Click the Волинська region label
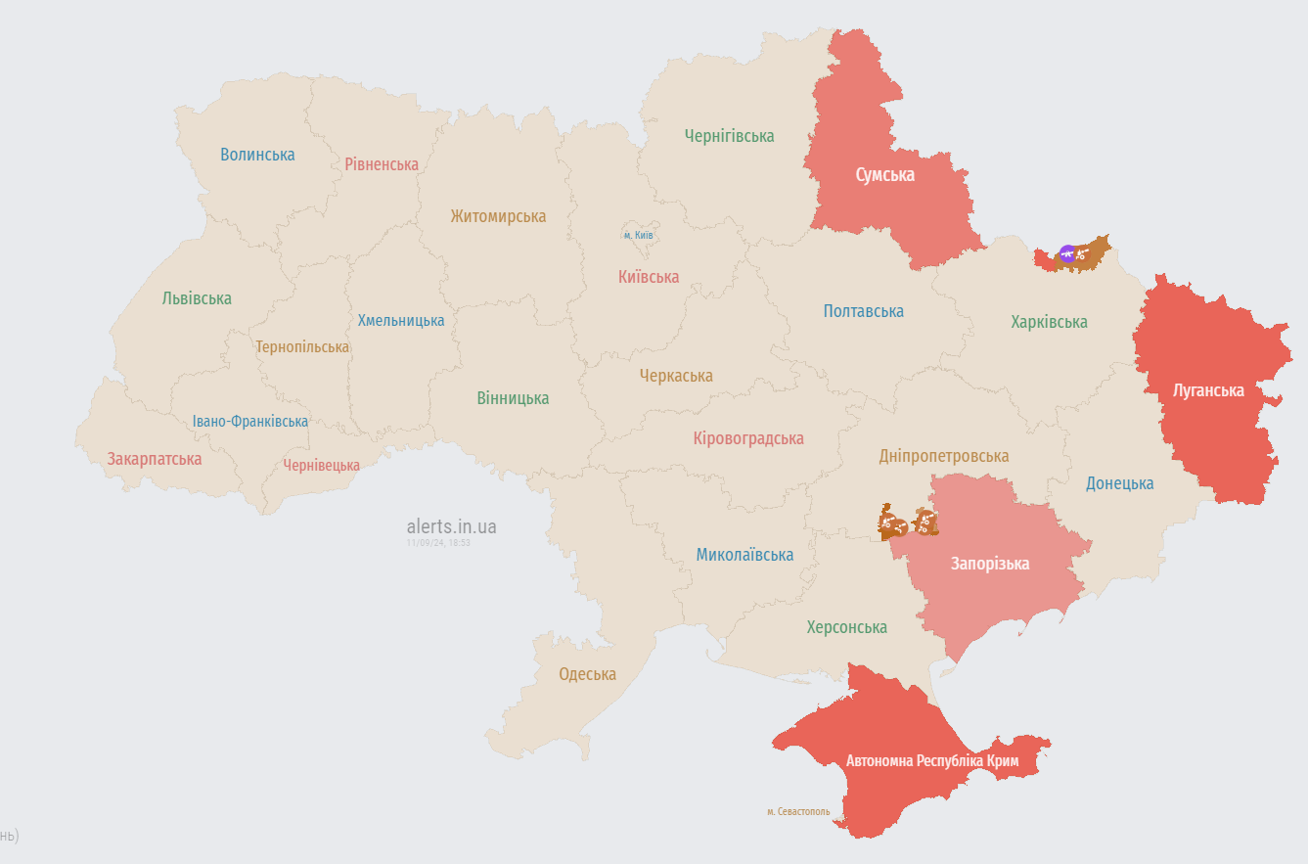coord(257,155)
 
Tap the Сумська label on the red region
coord(885,175)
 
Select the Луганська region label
coord(1208,390)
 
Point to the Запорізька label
coord(990,564)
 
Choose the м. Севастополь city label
coord(798,811)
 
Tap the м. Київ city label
coord(639,235)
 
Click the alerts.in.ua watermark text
coord(451,526)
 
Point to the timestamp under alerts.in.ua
coord(438,542)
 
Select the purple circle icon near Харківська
coord(1067,254)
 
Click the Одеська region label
coord(587,674)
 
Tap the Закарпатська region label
coord(155,459)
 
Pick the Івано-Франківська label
coord(249,422)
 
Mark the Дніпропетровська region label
coord(943,456)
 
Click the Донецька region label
coord(1119,483)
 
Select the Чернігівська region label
coord(729,136)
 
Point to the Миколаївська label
coord(744,555)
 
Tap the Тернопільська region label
coord(302,347)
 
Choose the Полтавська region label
coord(863,311)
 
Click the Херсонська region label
coord(846,627)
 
